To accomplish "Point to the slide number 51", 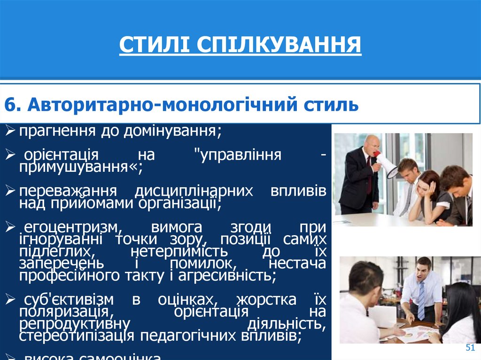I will coord(470,347).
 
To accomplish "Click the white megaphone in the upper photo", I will coord(387,164).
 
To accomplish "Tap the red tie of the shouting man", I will coord(369,174).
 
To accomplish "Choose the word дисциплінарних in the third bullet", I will coord(194,191).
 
